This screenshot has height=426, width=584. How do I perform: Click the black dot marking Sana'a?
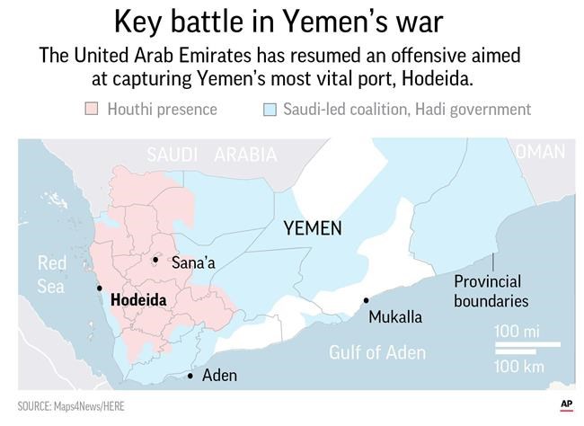point(155,261)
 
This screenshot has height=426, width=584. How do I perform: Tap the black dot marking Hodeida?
point(99,288)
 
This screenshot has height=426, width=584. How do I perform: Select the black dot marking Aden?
point(190,376)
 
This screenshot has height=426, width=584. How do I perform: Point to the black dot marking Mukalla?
point(366,301)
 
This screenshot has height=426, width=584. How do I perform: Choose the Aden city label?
point(220,376)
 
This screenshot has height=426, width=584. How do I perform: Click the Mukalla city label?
point(395,317)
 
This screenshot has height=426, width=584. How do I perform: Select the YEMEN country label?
point(313,228)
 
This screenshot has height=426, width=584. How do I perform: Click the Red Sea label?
point(51,274)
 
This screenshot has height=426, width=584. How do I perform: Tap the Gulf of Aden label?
point(377,352)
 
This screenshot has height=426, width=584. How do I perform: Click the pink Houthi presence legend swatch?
point(91,110)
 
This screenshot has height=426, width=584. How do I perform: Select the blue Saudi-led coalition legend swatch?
point(267,110)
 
